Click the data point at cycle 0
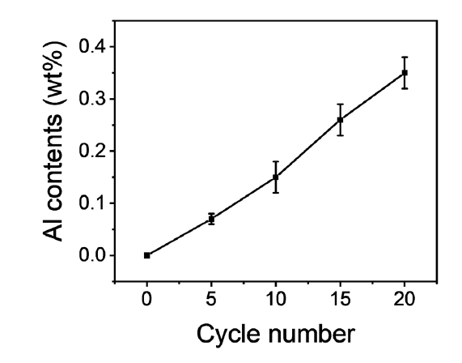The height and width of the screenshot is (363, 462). [x=147, y=255]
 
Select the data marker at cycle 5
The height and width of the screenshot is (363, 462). [x=211, y=219]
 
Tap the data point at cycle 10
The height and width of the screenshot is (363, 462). [x=276, y=177]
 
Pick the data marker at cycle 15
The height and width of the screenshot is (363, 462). [x=340, y=120]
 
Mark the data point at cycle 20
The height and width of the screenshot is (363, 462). [x=405, y=73]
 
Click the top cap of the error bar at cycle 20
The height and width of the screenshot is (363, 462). [x=405, y=58]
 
